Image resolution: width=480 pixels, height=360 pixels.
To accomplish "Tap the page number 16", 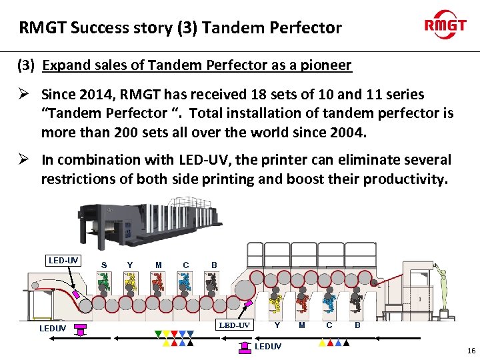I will (471, 351).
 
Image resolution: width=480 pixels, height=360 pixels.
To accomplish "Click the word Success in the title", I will (96, 28).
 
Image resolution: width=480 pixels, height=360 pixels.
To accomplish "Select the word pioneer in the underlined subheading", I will (327, 65).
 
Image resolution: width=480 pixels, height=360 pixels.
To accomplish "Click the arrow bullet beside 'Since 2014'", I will (23, 95).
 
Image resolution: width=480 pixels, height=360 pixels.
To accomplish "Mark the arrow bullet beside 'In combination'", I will (23, 160).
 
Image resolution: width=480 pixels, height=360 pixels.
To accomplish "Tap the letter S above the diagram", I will (104, 265).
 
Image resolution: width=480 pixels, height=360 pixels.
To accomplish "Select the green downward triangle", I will (158, 333).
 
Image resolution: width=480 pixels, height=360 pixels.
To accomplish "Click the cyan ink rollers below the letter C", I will (184, 286).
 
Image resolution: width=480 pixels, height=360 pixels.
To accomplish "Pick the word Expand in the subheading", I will (63, 65).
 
